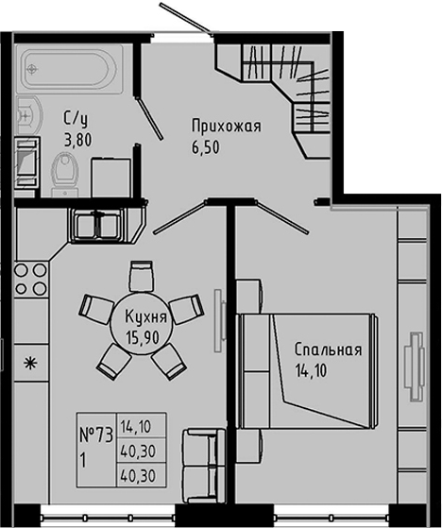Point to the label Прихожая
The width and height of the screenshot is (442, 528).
(x=225, y=126)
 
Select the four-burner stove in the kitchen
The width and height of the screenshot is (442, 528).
(x=29, y=282)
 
